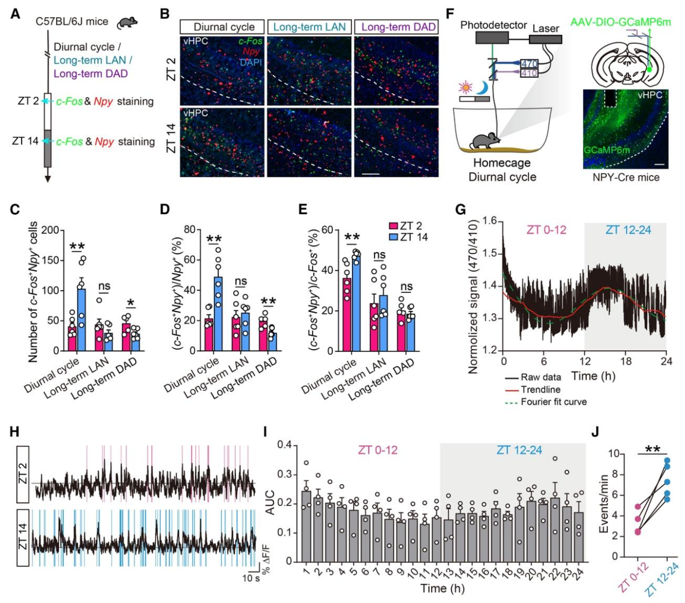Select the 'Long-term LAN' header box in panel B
[x=309, y=26]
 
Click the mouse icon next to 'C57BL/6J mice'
[x=127, y=22]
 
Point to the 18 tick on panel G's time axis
[x=626, y=361]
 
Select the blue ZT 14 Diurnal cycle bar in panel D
[x=218, y=314]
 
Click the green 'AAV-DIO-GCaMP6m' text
[x=621, y=22]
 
